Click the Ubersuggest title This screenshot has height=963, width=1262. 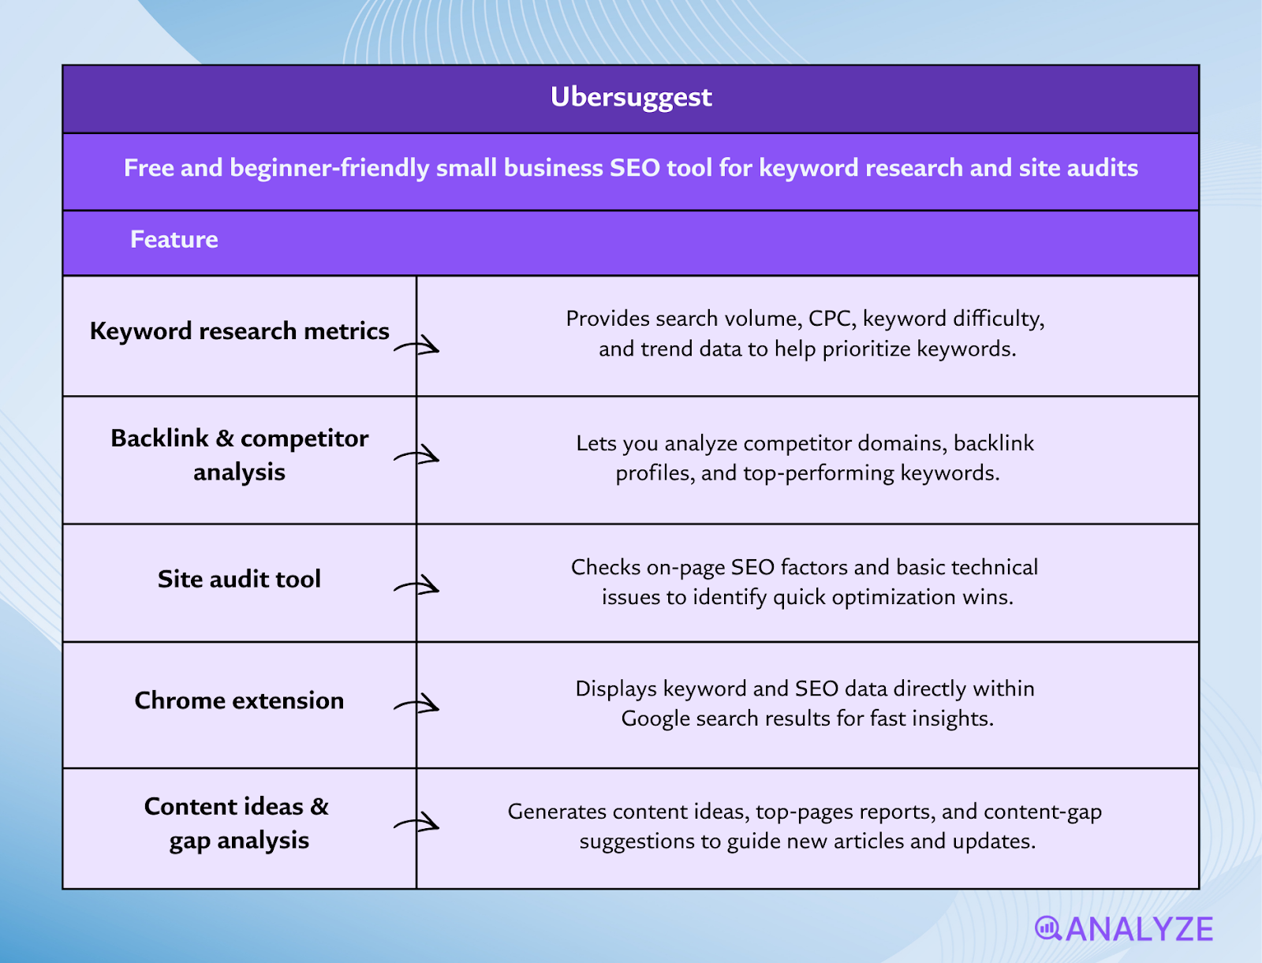tap(631, 97)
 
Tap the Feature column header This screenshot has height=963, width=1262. tap(174, 240)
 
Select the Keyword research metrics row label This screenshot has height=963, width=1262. tap(239, 331)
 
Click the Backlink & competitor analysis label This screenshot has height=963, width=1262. tap(239, 455)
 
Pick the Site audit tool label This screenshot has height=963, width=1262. tap(239, 580)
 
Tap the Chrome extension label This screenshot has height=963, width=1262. tap(239, 700)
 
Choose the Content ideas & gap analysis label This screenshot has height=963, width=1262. tap(237, 823)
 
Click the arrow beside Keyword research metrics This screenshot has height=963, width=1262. tap(417, 345)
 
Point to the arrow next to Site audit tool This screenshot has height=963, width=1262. tap(417, 586)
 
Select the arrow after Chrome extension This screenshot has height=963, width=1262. tap(417, 704)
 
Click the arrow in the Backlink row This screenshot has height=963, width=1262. tap(417, 456)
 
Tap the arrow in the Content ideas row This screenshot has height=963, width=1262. tap(417, 823)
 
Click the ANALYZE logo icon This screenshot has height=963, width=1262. tap(1048, 928)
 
